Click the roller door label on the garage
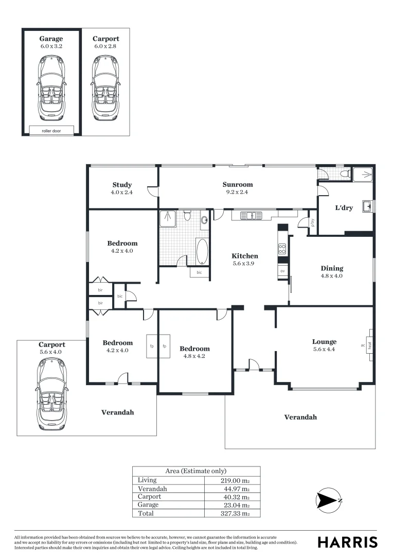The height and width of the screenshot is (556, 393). [51, 131]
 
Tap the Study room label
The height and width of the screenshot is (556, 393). [122, 185]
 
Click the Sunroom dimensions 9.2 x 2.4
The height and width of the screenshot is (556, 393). [238, 192]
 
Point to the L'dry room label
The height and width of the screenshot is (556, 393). [344, 208]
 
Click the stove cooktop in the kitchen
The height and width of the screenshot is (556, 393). [282, 250]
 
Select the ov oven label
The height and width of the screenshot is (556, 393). [282, 271]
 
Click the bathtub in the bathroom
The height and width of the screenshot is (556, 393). [202, 251]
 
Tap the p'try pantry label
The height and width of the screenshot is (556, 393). [313, 223]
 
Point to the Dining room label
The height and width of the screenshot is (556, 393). [332, 268]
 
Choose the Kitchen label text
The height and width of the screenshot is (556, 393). [245, 256]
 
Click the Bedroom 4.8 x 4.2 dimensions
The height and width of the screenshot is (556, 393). [195, 356]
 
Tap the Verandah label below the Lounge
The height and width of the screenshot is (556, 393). [300, 417]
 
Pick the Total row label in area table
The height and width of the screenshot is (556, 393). [146, 513]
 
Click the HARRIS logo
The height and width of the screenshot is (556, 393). [347, 542]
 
